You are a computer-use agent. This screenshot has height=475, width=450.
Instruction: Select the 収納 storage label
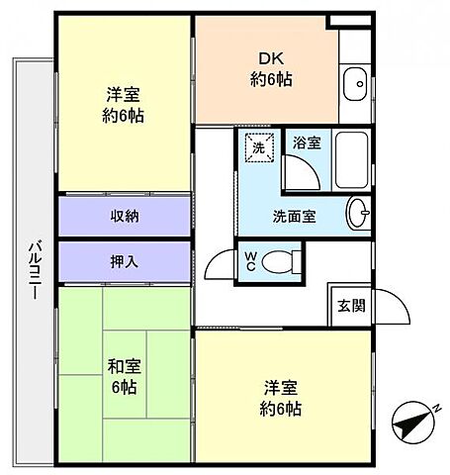(x=124, y=217)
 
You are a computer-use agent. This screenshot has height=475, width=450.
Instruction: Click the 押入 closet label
(x=124, y=262)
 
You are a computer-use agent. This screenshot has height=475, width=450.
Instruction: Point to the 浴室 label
(x=305, y=143)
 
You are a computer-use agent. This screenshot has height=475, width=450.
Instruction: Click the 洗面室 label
(x=294, y=216)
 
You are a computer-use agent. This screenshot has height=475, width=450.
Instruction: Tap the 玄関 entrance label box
(x=349, y=305)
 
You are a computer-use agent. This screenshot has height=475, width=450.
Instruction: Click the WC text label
(x=251, y=262)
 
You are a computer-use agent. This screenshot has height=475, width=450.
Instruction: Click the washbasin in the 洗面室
(x=359, y=211)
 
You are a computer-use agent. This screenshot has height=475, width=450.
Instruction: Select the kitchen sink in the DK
(x=355, y=85)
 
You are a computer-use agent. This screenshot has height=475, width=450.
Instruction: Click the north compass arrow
(x=410, y=425)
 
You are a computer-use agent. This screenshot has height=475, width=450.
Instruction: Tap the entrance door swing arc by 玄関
(x=392, y=309)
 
